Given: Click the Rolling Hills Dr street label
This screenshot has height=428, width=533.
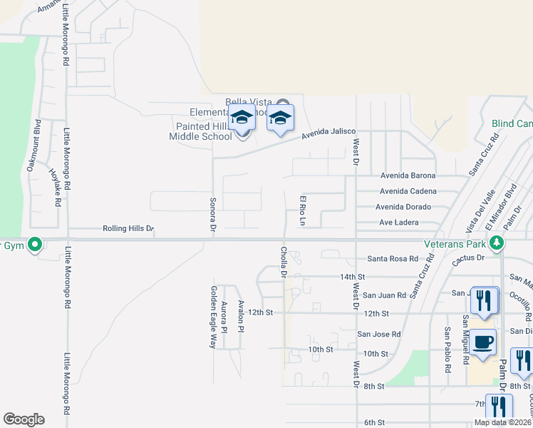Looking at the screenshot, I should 128,228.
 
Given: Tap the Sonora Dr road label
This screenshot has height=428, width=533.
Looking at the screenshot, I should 212,215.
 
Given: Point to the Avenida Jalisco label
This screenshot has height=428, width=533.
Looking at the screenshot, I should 328,133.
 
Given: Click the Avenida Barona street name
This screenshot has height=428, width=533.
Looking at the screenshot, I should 408,175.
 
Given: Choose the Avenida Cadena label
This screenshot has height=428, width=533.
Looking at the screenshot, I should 408,191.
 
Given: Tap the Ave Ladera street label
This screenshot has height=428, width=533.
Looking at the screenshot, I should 399,223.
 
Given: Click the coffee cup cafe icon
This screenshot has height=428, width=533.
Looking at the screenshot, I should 482,342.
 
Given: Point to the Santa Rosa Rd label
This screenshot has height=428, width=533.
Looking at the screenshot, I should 393,259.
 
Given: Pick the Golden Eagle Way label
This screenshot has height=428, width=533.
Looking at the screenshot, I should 212,316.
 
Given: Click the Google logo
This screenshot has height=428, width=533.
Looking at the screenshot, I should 24,419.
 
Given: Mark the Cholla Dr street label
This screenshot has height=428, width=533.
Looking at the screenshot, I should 284,263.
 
